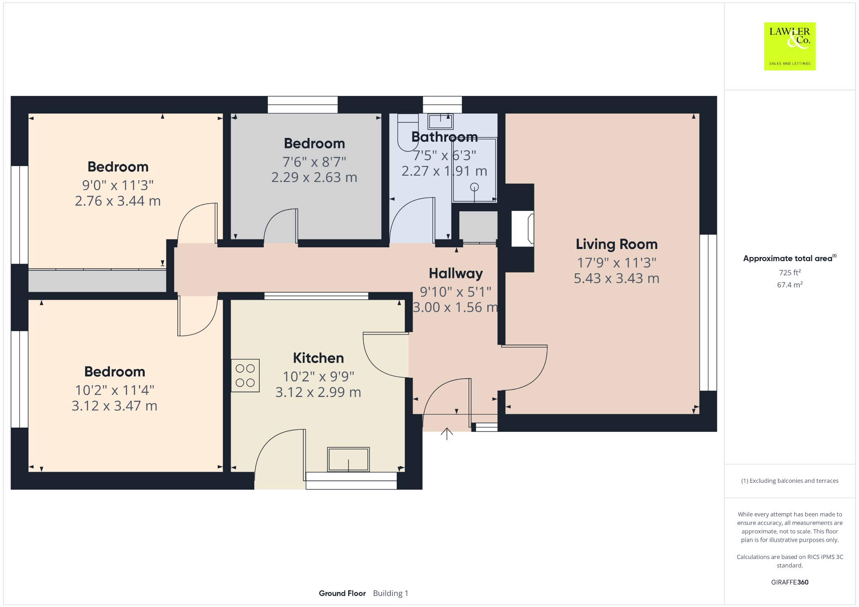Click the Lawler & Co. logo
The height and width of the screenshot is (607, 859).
click(789, 46)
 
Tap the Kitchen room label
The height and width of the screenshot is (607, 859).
click(318, 358)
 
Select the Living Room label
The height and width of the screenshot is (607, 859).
click(617, 244)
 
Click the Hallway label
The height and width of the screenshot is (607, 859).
click(456, 273)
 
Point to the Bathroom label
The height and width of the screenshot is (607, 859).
click(445, 137)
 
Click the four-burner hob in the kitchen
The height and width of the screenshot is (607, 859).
click(245, 375)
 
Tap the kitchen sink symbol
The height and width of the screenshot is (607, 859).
click(349, 459)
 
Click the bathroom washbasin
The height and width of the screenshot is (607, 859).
click(440, 121)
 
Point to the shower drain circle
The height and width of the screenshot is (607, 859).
click(474, 187)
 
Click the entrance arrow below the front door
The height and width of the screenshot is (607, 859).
click(447, 434)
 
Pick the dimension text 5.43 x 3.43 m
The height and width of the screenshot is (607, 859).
click(617, 278)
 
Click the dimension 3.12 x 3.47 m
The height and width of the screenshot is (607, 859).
click(115, 406)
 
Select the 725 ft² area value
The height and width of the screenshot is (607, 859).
click(790, 272)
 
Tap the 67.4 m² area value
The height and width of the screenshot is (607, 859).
click(790, 285)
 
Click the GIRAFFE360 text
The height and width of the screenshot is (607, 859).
click(790, 582)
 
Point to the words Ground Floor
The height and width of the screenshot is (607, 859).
click(342, 593)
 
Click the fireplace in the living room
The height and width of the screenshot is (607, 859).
click(523, 228)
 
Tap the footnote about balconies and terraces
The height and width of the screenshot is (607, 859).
click(790, 481)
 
